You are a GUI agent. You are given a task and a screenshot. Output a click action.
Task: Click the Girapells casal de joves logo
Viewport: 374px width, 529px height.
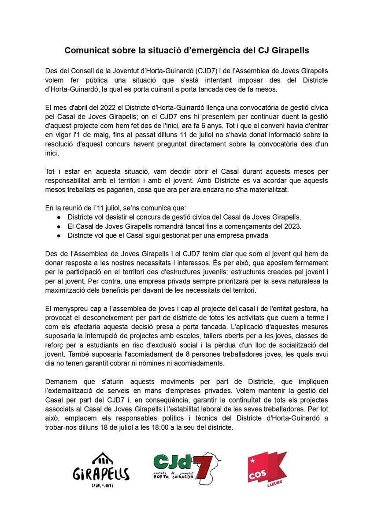pyautogui.click(x=101, y=470)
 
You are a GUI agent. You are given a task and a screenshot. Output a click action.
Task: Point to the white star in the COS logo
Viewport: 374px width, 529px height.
pyautogui.click(x=252, y=460)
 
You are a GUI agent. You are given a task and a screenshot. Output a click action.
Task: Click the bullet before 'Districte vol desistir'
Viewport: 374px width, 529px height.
pyautogui.click(x=59, y=218)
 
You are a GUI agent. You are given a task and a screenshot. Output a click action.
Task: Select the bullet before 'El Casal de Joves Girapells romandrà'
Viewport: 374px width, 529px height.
pyautogui.click(x=59, y=227)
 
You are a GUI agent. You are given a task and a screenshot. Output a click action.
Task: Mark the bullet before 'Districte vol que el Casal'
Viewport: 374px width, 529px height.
pyautogui.click(x=59, y=235)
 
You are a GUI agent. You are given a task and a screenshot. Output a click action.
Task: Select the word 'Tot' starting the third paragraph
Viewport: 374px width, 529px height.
pyautogui.click(x=51, y=171)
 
